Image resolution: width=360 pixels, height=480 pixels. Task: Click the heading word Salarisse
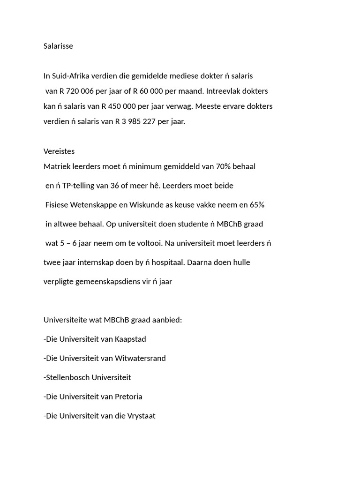pos(58,46)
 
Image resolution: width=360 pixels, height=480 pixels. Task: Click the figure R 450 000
pos(119,106)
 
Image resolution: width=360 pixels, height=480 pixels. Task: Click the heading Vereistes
pos(59,151)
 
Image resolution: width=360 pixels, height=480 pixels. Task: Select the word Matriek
pos(56,166)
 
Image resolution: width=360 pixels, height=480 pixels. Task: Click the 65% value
pos(257,205)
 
